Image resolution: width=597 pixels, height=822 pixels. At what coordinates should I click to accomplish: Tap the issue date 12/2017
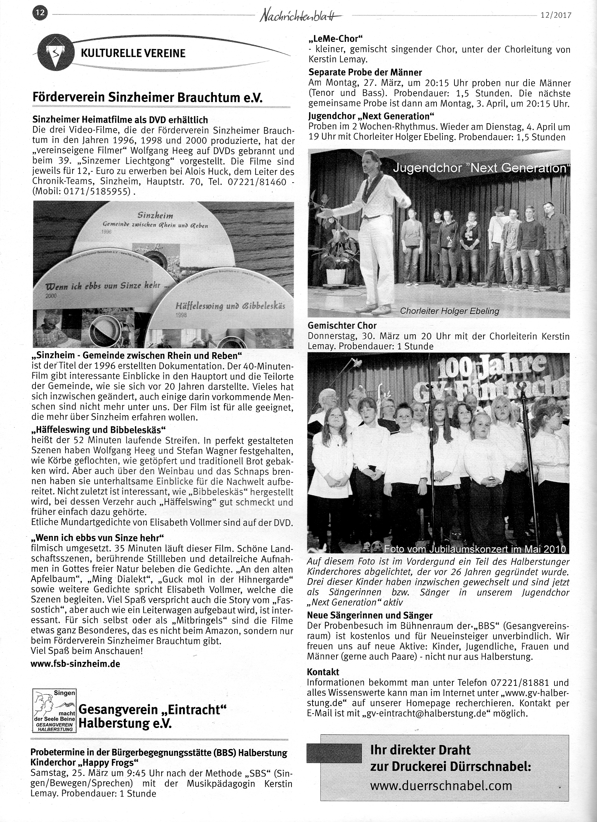tap(555, 15)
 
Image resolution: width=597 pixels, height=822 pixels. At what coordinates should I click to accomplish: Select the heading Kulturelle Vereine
tap(133, 53)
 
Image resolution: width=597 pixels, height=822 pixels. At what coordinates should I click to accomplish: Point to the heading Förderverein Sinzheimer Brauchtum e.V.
tap(147, 97)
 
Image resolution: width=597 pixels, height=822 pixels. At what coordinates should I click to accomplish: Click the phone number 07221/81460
tap(257, 182)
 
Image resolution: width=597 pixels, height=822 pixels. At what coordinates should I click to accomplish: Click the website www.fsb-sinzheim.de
tap(75, 664)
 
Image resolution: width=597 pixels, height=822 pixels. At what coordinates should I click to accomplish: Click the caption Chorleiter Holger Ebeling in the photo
tap(450, 311)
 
